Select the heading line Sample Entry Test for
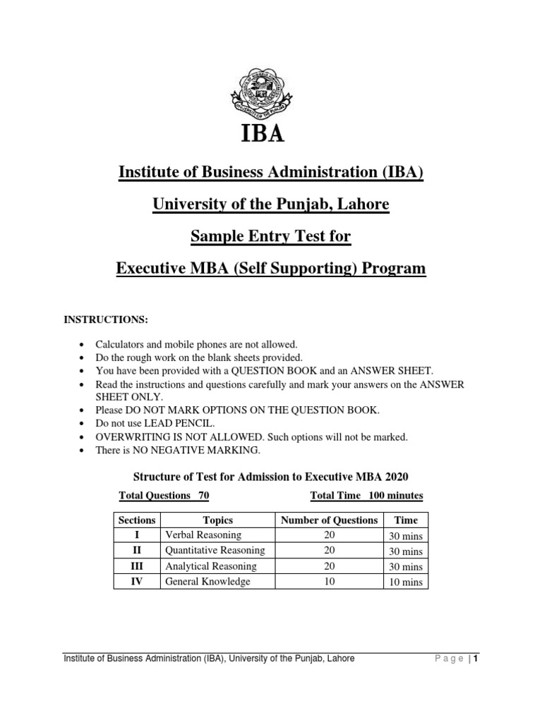click(270, 237)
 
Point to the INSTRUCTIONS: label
click(107, 319)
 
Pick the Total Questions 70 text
click(164, 496)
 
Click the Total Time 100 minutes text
click(366, 496)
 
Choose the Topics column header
click(217, 520)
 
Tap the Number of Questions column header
click(330, 520)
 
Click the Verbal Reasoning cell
click(203, 535)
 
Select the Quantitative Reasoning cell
click(215, 551)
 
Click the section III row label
click(138, 566)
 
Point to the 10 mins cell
click(406, 582)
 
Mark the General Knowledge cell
click(207, 582)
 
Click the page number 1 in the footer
click(476, 659)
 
